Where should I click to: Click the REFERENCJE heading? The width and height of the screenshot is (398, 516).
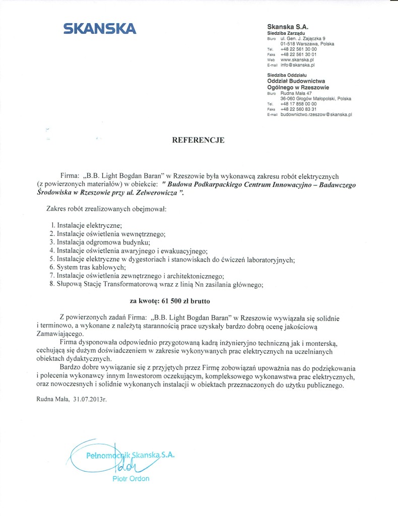[198, 141]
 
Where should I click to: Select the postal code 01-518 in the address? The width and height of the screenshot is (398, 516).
[288, 44]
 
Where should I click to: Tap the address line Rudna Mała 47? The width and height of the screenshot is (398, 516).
[296, 93]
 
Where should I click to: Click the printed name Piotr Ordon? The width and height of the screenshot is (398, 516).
[130, 479]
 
